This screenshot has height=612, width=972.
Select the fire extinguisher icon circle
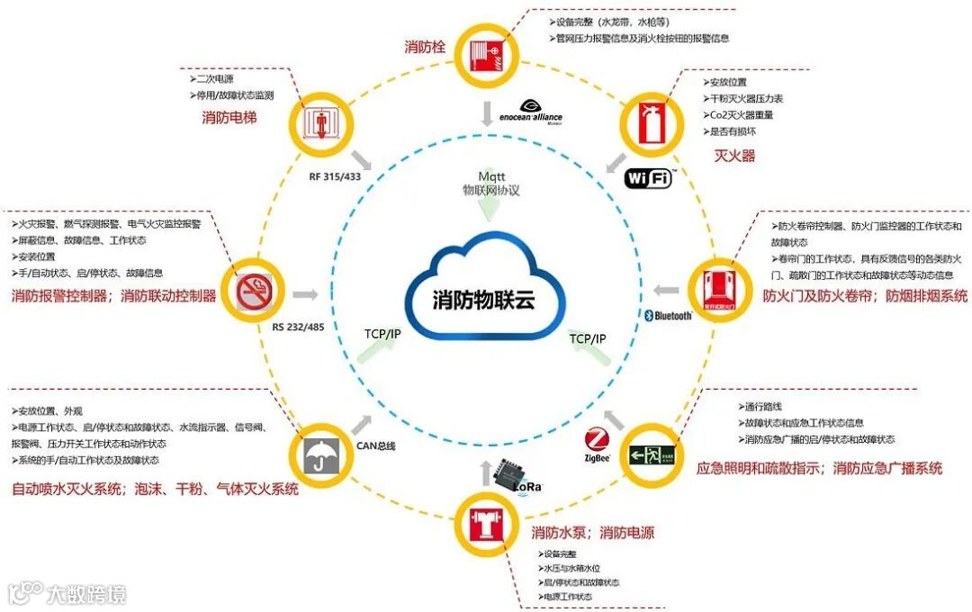click(653, 123)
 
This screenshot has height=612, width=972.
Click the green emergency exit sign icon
click(654, 454)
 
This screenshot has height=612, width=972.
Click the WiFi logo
click(648, 178)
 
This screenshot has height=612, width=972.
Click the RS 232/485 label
click(297, 326)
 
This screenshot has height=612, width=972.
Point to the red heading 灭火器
click(734, 156)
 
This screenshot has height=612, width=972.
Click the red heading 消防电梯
click(229, 117)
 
